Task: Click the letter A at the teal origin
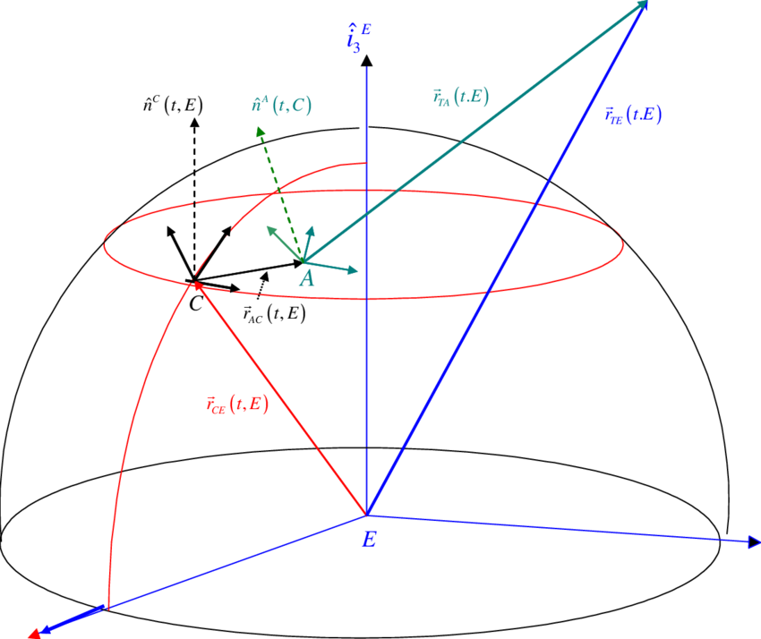tap(306, 279)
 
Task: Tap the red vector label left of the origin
tap(236, 404)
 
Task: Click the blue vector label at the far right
tap(633, 116)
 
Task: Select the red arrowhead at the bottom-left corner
tap(34, 632)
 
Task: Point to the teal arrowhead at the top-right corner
tap(641, 7)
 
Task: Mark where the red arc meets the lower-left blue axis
tap(107, 608)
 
